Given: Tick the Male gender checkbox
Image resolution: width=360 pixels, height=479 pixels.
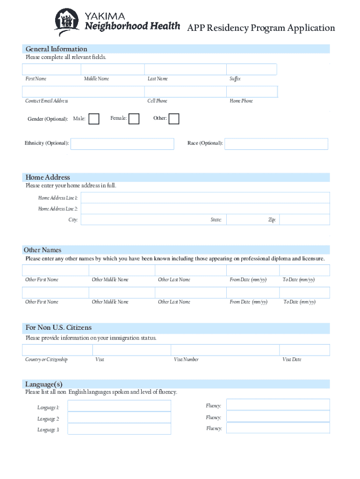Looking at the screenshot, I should coord(94,119).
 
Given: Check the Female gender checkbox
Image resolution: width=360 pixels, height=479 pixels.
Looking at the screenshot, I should coord(134,119).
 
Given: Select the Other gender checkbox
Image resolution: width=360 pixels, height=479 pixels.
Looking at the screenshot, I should coord(174,119).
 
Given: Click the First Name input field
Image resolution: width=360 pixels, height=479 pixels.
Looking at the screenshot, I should coord(51,69).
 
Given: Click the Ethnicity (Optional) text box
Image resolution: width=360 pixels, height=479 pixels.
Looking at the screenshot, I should coord(122,144).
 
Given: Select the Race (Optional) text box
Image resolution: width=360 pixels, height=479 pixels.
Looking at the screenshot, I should coord(276,144).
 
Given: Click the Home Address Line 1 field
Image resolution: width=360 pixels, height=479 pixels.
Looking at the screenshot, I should coord(205,198).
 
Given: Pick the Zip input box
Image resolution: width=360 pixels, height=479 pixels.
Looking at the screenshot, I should coord(304,219).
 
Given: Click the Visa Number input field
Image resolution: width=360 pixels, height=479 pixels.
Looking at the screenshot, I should coord(225,350).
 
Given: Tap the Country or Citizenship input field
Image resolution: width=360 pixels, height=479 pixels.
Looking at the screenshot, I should coord(57,350).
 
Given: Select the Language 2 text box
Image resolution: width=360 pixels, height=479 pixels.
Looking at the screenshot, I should coord(119,418).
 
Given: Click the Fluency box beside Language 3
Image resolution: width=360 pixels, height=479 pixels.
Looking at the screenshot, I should coord(278,428).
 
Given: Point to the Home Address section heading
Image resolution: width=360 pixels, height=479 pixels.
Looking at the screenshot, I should coord(48,177).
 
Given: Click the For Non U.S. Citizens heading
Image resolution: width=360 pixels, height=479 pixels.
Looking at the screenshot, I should coord(58,327).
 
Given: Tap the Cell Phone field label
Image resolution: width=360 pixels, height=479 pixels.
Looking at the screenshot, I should coord(157,101).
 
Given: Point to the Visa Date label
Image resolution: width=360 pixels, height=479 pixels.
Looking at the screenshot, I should coord(292,360).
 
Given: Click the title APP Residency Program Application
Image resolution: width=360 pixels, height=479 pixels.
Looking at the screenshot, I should coord(261,28).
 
